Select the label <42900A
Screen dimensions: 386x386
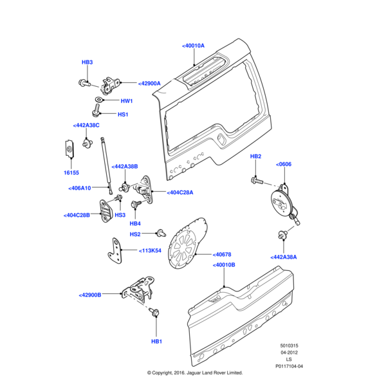click(x=149, y=83)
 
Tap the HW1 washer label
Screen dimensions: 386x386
click(x=126, y=101)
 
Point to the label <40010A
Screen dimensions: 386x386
click(x=193, y=46)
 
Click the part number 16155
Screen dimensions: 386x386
click(x=71, y=172)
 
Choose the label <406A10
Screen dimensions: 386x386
click(x=80, y=188)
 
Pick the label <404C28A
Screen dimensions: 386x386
click(x=179, y=192)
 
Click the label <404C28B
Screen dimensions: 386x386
click(x=77, y=215)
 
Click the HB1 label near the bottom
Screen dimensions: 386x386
click(x=156, y=341)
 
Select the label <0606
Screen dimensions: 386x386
click(x=283, y=165)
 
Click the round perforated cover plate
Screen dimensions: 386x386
click(x=185, y=244)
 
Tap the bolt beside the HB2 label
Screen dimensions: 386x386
click(x=256, y=181)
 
